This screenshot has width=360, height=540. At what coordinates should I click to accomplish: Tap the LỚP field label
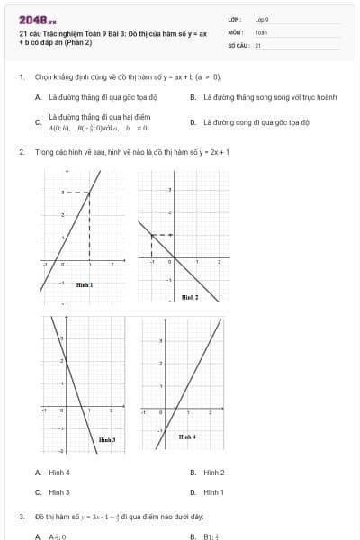(x=232, y=19)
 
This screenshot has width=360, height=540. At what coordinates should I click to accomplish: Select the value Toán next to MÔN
(x=261, y=31)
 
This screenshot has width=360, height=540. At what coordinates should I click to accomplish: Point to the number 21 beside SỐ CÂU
(x=258, y=44)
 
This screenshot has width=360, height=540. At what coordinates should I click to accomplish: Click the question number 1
(x=21, y=77)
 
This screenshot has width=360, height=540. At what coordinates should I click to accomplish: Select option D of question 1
(x=256, y=121)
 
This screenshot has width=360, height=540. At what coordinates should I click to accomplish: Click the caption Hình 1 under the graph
(x=85, y=284)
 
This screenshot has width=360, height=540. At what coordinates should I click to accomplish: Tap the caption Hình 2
(x=190, y=296)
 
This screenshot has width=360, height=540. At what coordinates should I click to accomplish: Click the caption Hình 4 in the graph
(x=186, y=436)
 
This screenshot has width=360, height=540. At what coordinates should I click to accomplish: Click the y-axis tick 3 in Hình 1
(x=62, y=193)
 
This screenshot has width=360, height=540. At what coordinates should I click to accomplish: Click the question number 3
(x=21, y=517)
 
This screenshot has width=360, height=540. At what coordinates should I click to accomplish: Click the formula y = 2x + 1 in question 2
(x=213, y=152)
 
